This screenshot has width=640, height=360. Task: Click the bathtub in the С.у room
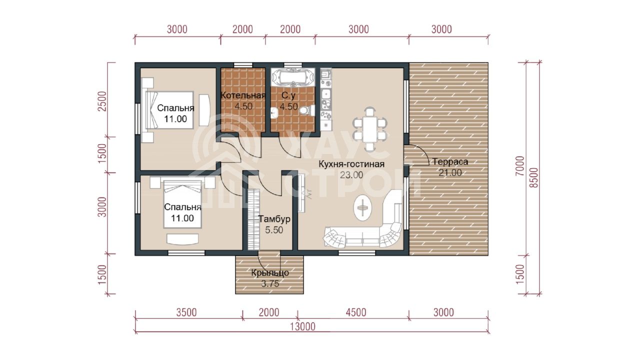(x=293, y=77)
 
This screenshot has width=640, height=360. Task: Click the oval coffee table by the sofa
(x=363, y=207)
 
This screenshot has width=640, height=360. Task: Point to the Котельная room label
(x=243, y=95)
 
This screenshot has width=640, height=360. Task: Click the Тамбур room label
(x=274, y=219)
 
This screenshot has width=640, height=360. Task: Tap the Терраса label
(x=450, y=161)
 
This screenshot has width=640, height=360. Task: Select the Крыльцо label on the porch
(x=270, y=273)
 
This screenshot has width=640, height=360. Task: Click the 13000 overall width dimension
(x=303, y=326)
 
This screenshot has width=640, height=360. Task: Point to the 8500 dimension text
(x=533, y=177)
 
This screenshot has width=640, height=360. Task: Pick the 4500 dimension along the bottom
(x=356, y=312)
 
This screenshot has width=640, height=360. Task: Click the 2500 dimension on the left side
(x=102, y=101)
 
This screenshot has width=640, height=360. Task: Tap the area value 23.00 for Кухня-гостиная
(x=351, y=175)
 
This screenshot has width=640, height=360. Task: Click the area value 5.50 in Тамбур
(x=274, y=230)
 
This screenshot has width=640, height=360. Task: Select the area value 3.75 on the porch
(x=270, y=283)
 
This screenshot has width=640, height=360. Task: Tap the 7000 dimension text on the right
(x=520, y=165)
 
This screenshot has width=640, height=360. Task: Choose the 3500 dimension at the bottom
(x=186, y=312)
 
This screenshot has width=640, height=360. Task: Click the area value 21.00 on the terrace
(x=450, y=173)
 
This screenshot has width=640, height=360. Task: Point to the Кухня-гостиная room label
(x=351, y=164)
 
